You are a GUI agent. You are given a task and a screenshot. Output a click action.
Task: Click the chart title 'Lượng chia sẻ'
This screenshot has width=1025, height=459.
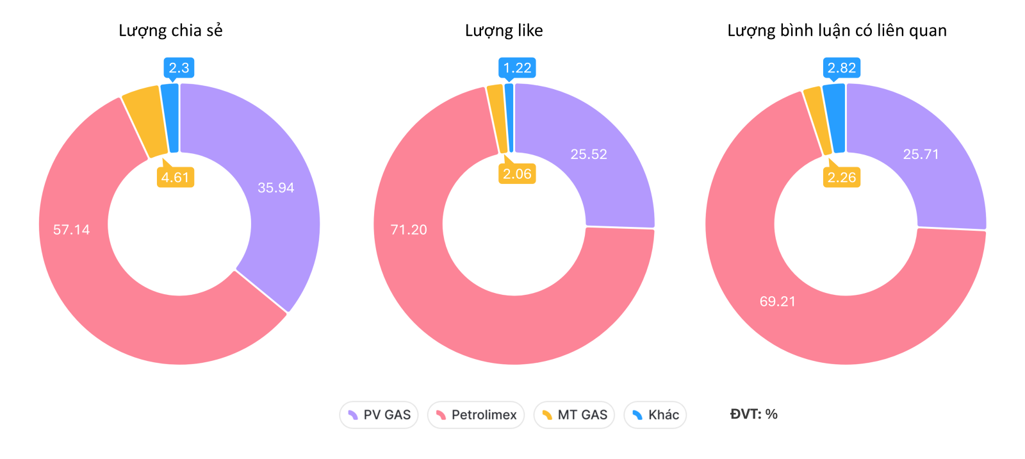click(170, 31)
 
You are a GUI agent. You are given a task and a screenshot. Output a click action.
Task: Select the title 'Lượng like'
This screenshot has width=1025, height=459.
click(504, 31)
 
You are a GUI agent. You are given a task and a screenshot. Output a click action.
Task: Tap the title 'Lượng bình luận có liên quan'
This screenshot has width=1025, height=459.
click(837, 31)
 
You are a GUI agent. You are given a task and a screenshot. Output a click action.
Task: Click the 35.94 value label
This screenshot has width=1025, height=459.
click(275, 188)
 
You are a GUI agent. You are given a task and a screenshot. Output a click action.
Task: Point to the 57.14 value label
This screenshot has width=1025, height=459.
click(71, 229)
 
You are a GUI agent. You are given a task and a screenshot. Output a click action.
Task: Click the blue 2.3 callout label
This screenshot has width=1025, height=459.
click(179, 68)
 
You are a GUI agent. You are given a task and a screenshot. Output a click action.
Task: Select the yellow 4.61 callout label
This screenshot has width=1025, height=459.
click(175, 178)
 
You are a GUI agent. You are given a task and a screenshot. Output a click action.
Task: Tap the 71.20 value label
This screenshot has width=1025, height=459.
click(409, 229)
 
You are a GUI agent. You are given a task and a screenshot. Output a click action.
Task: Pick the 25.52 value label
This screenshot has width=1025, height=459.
click(589, 154)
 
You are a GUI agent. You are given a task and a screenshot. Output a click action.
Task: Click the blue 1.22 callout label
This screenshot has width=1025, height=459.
click(517, 68)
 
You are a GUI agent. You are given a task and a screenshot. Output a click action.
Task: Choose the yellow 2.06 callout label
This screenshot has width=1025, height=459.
click(517, 174)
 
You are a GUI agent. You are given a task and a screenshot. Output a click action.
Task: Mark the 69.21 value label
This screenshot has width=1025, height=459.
click(777, 301)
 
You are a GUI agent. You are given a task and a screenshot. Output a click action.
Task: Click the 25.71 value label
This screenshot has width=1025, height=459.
click(921, 154)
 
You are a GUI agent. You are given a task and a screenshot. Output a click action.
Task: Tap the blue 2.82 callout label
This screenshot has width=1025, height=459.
click(841, 68)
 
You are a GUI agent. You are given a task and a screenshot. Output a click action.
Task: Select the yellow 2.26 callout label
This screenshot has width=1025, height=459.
click(841, 178)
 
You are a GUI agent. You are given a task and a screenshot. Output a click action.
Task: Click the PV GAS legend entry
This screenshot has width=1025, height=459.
click(379, 415)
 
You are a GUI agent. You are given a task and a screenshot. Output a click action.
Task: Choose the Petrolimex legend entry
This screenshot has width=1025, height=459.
click(475, 415)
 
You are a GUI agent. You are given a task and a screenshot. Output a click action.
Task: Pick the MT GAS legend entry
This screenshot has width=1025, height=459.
click(574, 415)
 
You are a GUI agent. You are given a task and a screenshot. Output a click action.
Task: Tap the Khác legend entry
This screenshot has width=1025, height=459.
click(655, 415)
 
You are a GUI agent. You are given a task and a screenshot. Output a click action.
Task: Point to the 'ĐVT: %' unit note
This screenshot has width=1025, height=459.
click(753, 414)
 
